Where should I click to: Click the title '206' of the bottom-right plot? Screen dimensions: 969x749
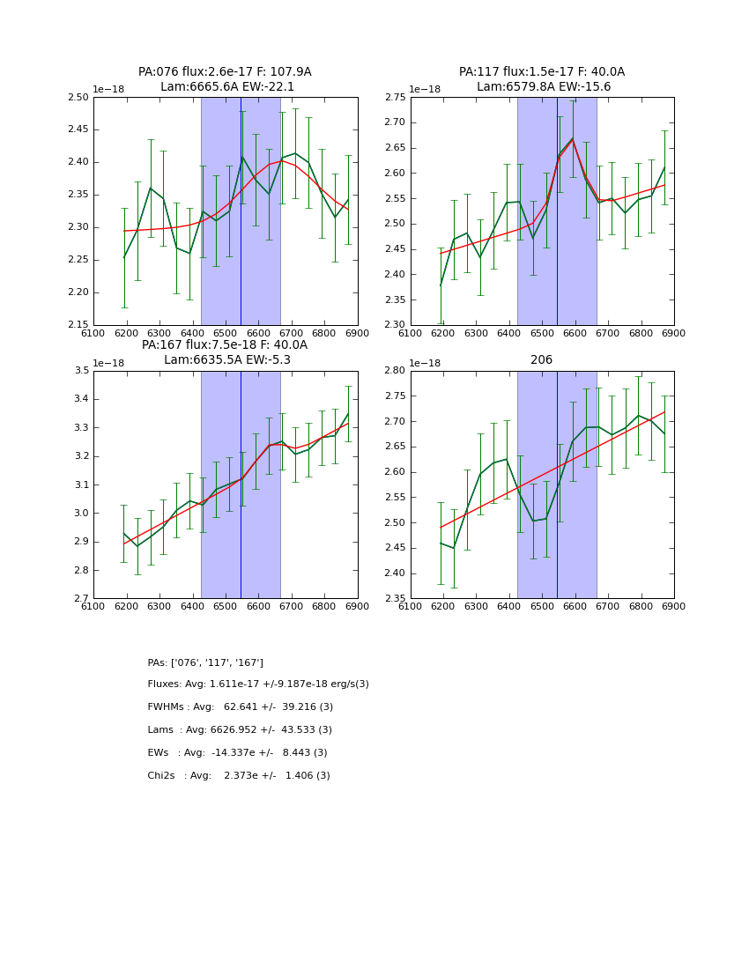pyautogui.click(x=541, y=359)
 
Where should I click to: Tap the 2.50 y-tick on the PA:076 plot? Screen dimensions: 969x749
pyautogui.click(x=78, y=97)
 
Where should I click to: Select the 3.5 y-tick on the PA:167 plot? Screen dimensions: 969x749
pyautogui.click(x=82, y=371)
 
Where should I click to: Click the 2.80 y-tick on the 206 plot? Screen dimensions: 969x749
pyautogui.click(x=395, y=371)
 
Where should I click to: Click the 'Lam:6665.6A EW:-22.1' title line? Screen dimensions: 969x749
pyautogui.click(x=227, y=86)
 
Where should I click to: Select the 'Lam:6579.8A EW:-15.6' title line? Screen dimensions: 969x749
pyautogui.click(x=544, y=86)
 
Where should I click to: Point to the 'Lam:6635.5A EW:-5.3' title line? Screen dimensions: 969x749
pyautogui.click(x=227, y=359)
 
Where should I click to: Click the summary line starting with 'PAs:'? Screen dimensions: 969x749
pyautogui.click(x=205, y=662)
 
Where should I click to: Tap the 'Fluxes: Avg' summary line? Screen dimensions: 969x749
pyautogui.click(x=258, y=684)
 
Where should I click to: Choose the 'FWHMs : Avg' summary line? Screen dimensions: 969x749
pyautogui.click(x=241, y=707)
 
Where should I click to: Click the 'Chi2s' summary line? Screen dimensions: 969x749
pyautogui.click(x=239, y=776)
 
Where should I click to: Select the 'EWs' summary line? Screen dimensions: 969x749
pyautogui.click(x=237, y=753)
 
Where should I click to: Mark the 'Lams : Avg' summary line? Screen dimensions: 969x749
pyautogui.click(x=240, y=730)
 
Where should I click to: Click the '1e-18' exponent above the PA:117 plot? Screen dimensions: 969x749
pyautogui.click(x=425, y=89)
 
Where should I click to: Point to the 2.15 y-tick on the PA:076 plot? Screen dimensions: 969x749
pyautogui.click(x=78, y=325)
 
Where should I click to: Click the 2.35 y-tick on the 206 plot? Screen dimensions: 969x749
pyautogui.click(x=395, y=599)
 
